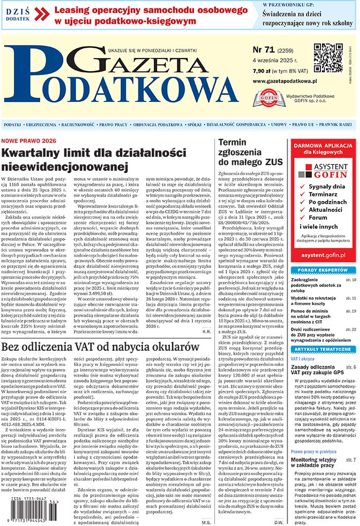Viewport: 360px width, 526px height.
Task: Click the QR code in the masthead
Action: (328, 58)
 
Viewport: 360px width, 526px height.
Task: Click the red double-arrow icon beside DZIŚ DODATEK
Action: (42, 14)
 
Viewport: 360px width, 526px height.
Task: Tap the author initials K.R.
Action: (204, 332)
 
